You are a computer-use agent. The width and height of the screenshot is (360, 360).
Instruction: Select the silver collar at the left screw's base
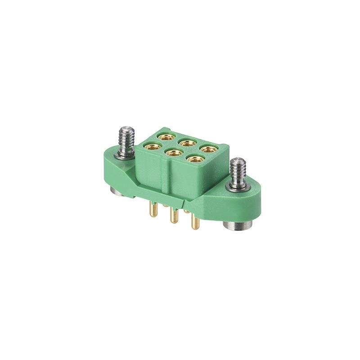point(125,154)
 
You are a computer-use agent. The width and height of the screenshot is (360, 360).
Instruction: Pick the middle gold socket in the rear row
point(186,143)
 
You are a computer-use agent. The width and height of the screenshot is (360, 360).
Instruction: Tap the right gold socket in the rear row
point(207,149)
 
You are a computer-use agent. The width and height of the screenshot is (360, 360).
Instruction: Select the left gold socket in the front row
point(152,146)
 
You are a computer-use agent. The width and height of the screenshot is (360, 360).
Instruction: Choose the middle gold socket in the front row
point(173,153)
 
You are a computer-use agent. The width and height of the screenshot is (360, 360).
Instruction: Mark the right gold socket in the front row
point(194,158)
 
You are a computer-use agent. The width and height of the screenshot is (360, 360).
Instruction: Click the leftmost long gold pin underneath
point(154,210)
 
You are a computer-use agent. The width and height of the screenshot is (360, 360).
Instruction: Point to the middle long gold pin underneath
point(173,216)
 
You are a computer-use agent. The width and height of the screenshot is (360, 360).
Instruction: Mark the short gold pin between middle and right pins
point(186,210)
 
